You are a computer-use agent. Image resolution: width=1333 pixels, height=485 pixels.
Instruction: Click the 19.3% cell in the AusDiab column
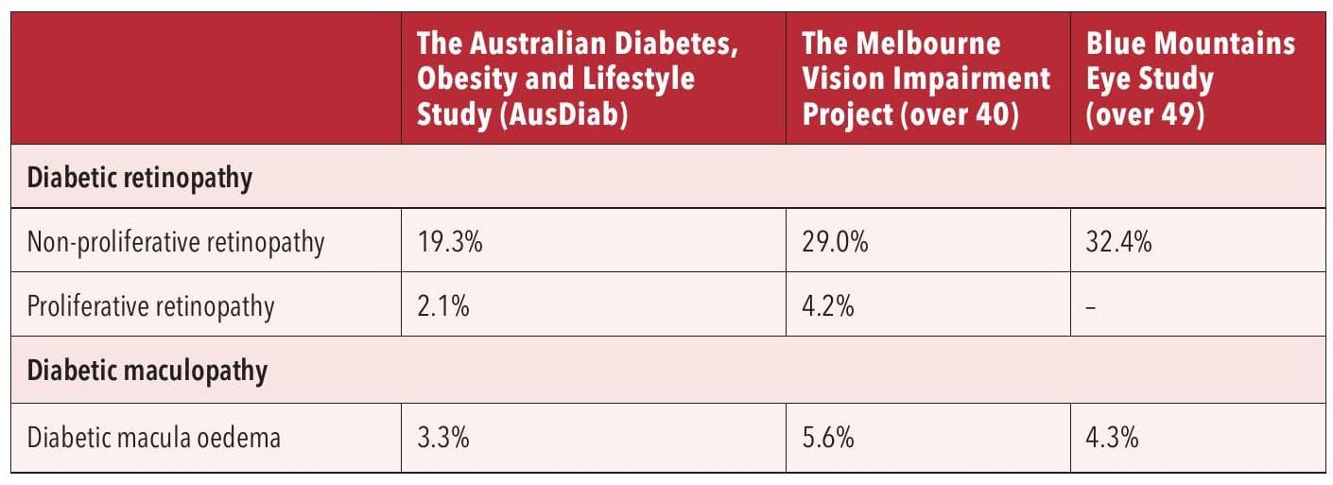(x=450, y=243)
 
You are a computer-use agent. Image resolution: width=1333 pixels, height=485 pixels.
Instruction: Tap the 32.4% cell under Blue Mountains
(x=1119, y=243)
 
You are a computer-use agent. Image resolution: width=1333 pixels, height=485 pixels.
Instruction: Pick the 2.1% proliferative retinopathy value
(x=443, y=306)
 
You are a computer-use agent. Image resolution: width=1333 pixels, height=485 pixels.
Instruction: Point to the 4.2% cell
(x=828, y=306)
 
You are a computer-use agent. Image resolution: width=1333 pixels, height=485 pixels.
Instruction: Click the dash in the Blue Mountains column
(x=1092, y=307)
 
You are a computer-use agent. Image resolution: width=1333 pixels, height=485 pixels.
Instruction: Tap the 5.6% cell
(x=829, y=438)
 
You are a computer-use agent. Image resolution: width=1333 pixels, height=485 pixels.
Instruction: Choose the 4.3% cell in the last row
(x=1113, y=438)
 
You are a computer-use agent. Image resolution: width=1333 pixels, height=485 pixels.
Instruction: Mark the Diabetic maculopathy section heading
(x=147, y=372)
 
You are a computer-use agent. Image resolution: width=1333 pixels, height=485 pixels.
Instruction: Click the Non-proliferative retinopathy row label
(x=176, y=243)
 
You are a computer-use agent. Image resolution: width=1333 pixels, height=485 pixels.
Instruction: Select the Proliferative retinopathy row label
(x=151, y=306)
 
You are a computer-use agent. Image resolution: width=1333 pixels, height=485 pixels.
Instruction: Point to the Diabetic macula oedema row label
(x=153, y=438)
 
